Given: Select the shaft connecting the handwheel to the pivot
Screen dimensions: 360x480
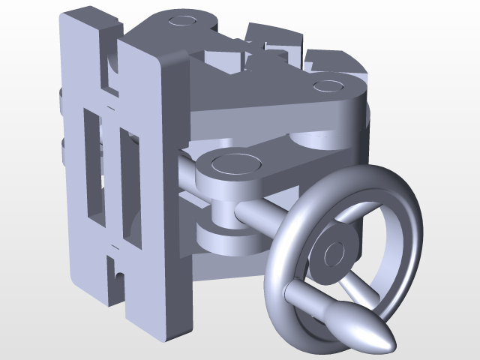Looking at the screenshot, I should tap(259, 218).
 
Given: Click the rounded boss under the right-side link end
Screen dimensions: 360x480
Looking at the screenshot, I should tap(319, 139).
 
